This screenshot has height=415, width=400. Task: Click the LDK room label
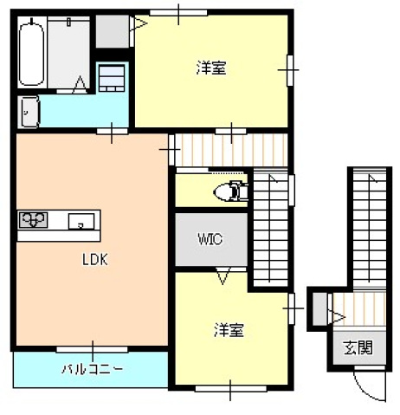point(94,259)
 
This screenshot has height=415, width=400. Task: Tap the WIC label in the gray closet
point(210,238)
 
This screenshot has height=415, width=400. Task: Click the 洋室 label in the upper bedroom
point(211,68)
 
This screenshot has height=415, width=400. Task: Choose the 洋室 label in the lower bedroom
point(229,330)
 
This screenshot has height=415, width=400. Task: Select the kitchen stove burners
point(34,221)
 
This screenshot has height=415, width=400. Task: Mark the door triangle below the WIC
point(223,276)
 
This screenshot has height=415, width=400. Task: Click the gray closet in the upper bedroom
point(112,31)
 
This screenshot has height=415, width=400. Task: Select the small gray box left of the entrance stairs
point(318,307)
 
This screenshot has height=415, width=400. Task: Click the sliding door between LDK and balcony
point(91,349)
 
